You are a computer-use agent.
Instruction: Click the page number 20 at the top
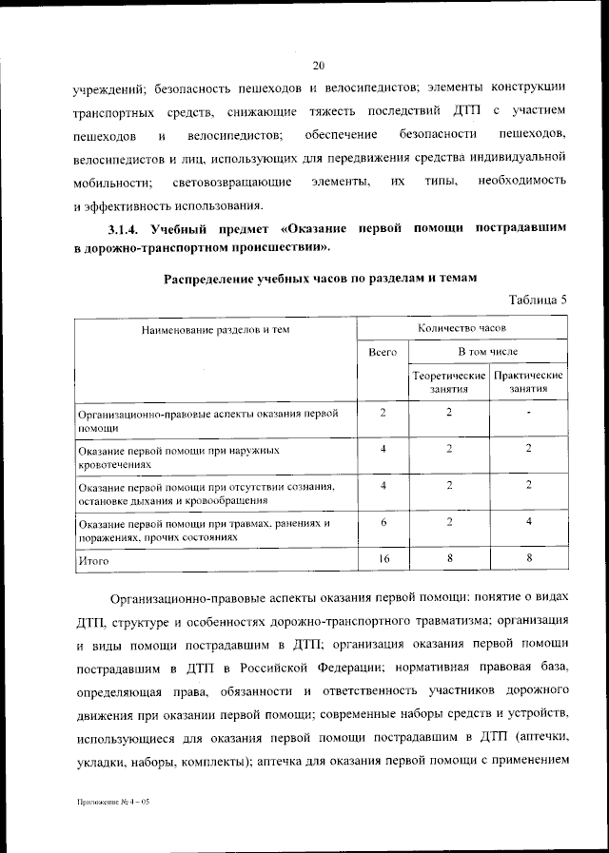click(319, 65)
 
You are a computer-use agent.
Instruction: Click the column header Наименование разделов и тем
click(215, 330)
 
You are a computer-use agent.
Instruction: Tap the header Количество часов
click(462, 327)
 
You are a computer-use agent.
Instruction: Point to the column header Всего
click(383, 352)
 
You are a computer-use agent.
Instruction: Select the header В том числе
click(489, 352)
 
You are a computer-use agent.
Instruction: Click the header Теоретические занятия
click(449, 382)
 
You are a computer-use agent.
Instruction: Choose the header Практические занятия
click(528, 382)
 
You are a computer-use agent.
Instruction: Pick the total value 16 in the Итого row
click(383, 559)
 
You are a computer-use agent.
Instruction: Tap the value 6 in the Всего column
click(383, 522)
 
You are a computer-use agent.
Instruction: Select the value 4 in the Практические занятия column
click(528, 522)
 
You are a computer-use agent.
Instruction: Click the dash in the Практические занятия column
click(528, 413)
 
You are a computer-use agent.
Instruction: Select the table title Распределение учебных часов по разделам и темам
click(319, 279)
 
